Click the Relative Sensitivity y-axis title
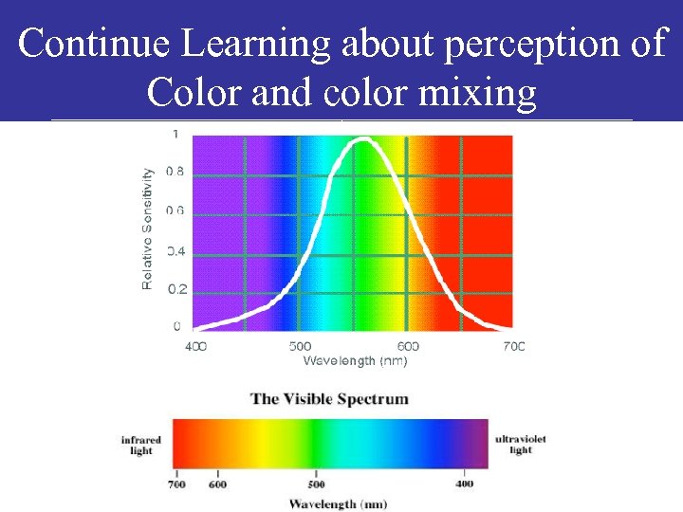click(148, 229)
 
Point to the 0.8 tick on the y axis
click(175, 172)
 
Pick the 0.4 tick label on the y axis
click(175, 251)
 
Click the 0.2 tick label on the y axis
click(176, 289)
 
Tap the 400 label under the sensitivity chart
click(195, 346)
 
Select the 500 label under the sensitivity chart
click(300, 346)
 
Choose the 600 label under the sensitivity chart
click(408, 346)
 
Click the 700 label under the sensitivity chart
click(513, 346)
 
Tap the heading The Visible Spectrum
click(329, 398)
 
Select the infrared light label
click(141, 445)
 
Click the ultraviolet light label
click(521, 445)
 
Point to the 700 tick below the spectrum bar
click(176, 483)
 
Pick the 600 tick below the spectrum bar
click(219, 483)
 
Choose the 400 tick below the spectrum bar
click(464, 483)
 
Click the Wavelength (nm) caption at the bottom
click(338, 503)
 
